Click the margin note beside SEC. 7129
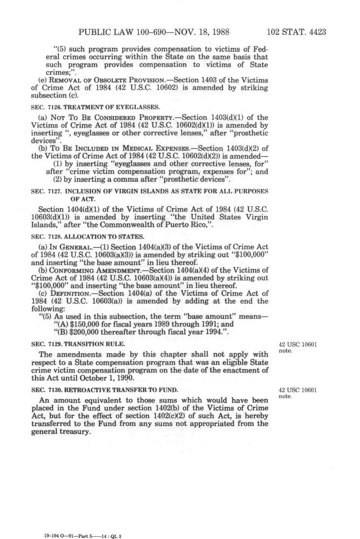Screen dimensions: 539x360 297,348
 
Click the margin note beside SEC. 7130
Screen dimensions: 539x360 297,393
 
